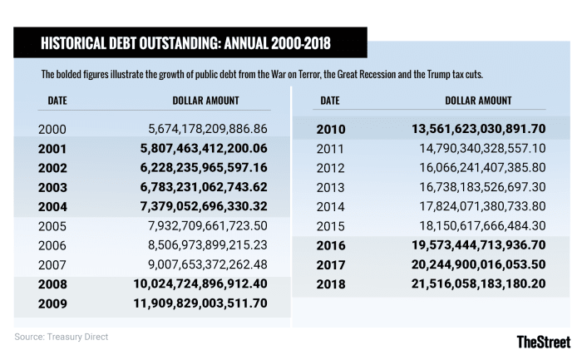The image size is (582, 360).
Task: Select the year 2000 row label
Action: pyautogui.click(x=52, y=130)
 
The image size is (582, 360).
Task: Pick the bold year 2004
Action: pyautogui.click(x=52, y=205)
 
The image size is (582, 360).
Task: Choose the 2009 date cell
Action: pyautogui.click(x=52, y=303)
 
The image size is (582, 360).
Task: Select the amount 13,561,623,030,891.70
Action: pyautogui.click(x=477, y=129)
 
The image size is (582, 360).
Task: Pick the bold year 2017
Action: pyautogui.click(x=332, y=265)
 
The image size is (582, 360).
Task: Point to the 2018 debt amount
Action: pyautogui.click(x=477, y=284)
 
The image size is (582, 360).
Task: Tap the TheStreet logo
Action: pyautogui.click(x=543, y=341)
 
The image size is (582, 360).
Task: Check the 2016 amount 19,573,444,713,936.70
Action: pyautogui.click(x=477, y=246)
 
